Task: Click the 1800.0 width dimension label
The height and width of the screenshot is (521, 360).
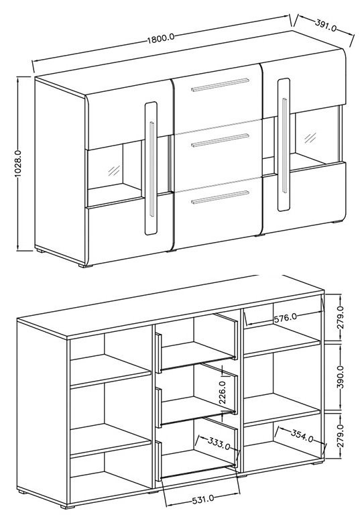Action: (161, 38)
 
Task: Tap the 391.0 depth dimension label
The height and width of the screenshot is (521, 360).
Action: (325, 25)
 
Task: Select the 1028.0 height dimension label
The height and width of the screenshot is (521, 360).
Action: (18, 164)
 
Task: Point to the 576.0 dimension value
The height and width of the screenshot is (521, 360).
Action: (286, 318)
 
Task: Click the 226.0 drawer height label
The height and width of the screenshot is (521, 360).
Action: (223, 392)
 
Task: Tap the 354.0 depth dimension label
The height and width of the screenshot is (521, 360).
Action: (302, 435)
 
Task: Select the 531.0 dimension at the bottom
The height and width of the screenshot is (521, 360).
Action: (202, 500)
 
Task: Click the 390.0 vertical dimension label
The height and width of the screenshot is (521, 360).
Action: (340, 377)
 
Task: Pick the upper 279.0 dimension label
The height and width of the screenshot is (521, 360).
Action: (340, 318)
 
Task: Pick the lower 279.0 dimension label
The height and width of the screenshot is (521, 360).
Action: (340, 436)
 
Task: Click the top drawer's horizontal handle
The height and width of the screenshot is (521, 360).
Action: (220, 84)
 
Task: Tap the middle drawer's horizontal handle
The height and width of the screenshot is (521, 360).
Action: (220, 140)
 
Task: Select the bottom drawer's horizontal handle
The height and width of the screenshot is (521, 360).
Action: (220, 197)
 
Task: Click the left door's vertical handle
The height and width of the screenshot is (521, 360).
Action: (152, 169)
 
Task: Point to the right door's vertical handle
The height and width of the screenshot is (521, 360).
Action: (284, 146)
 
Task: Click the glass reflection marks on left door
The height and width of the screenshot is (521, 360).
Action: (113, 171)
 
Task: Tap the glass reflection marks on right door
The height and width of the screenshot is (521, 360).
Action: (310, 137)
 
